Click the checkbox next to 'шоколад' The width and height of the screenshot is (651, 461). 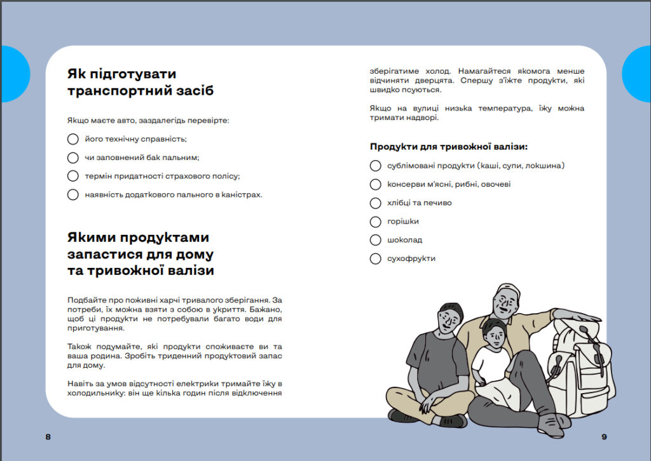click(x=375, y=240)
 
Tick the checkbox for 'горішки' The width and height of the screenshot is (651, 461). click(x=375, y=222)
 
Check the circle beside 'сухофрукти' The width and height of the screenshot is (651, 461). click(x=375, y=258)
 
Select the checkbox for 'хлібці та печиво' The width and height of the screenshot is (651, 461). click(x=375, y=203)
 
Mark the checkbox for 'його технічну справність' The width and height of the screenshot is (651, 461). click(x=73, y=139)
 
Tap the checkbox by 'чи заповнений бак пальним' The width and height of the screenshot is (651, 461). click(x=73, y=157)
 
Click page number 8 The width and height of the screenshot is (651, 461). click(x=48, y=437)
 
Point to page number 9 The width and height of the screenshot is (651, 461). click(x=604, y=437)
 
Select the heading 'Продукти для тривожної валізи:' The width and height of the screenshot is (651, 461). click(x=449, y=147)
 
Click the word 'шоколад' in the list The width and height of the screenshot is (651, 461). click(x=404, y=240)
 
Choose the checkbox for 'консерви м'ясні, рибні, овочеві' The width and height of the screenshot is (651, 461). click(x=375, y=184)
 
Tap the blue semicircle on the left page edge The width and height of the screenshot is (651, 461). click(x=14, y=74)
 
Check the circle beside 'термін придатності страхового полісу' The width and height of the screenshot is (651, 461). click(x=73, y=176)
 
